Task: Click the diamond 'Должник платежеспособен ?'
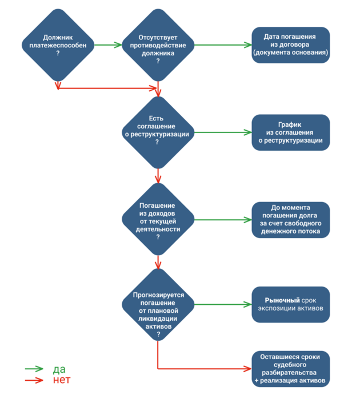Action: pos(58,45)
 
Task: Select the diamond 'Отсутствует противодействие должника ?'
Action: pos(157,45)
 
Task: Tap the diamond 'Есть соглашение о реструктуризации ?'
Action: pos(157,132)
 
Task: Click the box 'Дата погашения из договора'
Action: pos(290,45)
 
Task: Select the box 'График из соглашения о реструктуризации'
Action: pos(290,132)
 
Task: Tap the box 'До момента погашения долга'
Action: pos(290,220)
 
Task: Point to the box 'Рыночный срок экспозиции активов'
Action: pos(290,304)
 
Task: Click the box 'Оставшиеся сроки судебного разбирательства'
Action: pos(290,368)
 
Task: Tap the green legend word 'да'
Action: pos(59,369)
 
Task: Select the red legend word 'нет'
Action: pos(61,380)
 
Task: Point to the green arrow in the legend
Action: pos(34,369)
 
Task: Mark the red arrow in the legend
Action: pos(34,380)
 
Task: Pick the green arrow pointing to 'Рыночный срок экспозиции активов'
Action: pos(223,304)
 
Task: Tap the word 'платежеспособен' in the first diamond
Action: pos(58,45)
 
